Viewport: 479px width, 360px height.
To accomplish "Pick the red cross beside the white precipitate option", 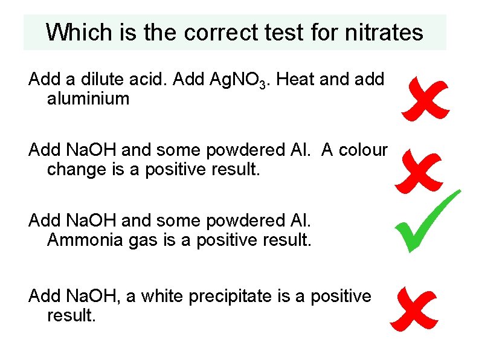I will coord(414,309).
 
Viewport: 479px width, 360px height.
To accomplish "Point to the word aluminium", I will coord(88,98).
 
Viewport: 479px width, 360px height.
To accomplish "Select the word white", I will coord(162,296).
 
